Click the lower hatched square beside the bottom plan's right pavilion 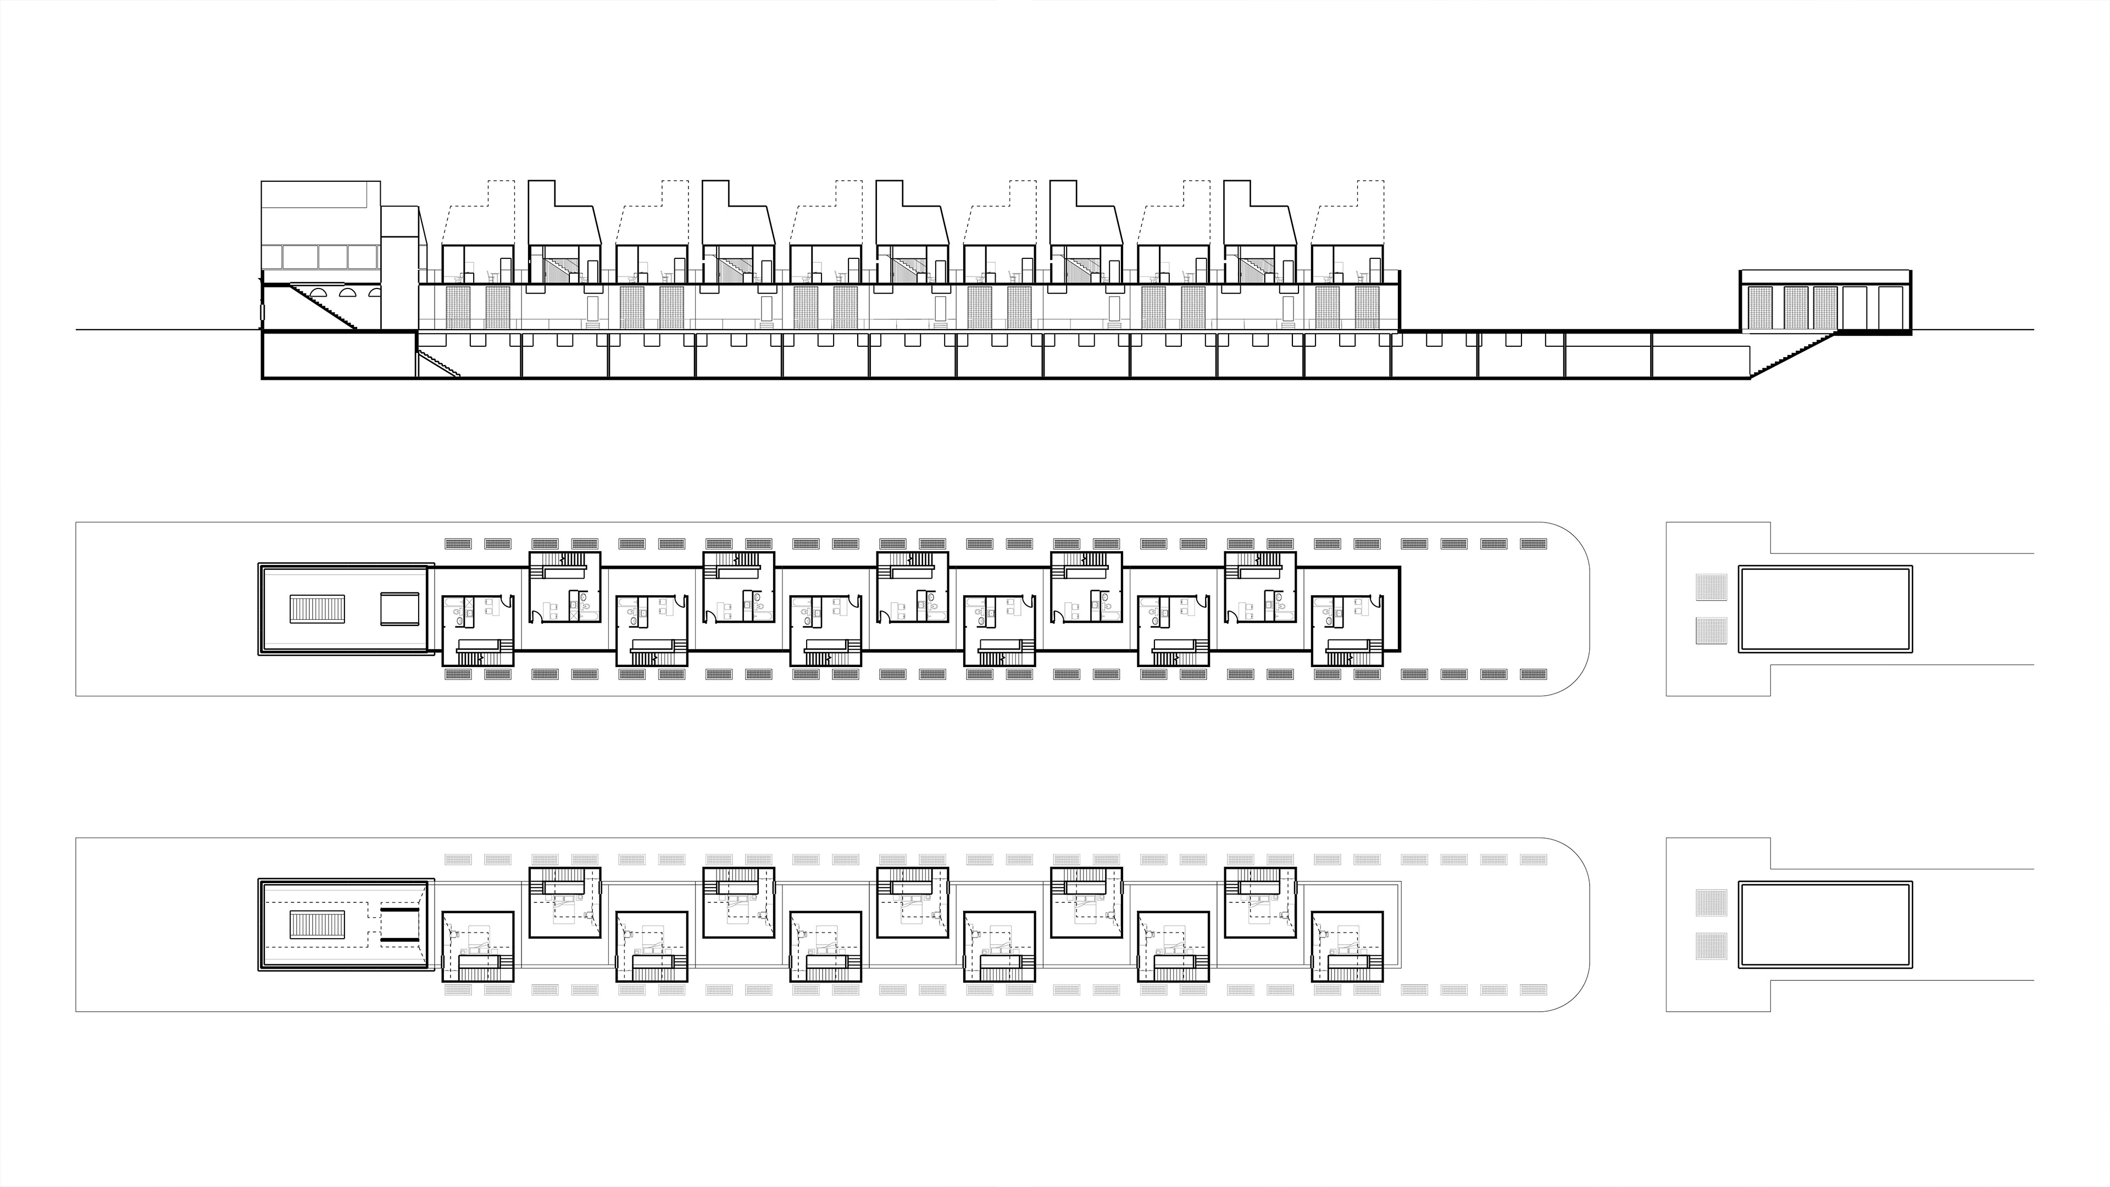click(1711, 946)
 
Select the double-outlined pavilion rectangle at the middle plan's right click(1825, 609)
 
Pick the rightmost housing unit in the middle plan click(1347, 630)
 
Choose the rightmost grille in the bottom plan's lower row click(1534, 990)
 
